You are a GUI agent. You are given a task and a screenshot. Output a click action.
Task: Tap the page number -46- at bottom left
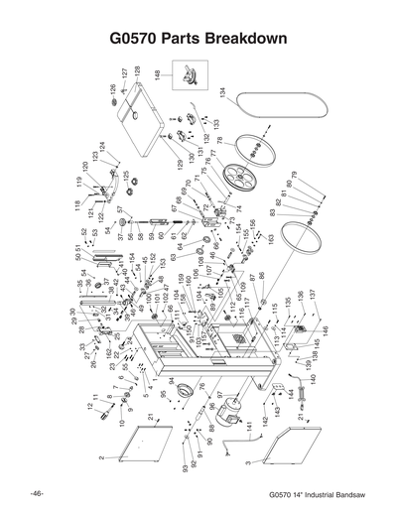[36, 493]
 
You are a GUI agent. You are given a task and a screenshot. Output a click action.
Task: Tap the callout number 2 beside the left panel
[102, 457]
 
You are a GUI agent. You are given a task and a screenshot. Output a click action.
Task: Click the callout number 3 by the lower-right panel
[244, 463]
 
